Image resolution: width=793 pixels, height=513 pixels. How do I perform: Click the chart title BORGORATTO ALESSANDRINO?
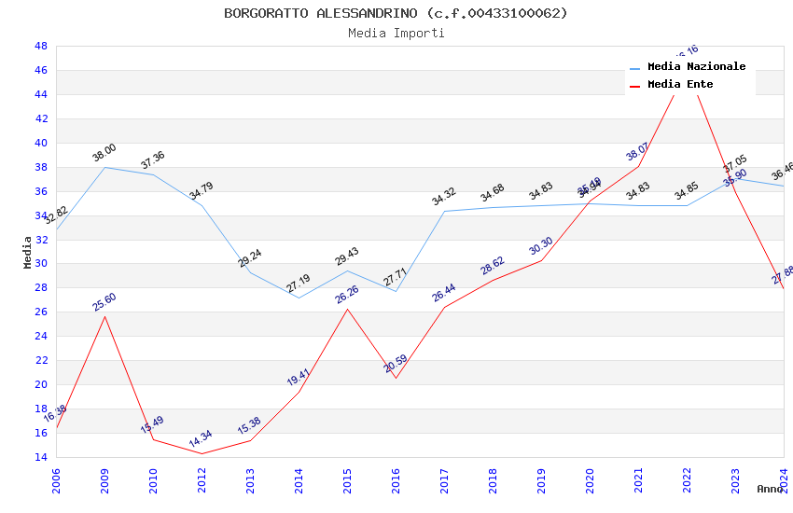(396, 13)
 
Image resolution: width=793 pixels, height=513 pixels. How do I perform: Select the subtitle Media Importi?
(396, 33)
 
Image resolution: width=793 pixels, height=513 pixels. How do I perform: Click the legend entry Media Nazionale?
(696, 66)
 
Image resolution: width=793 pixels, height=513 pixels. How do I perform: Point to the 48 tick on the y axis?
(41, 46)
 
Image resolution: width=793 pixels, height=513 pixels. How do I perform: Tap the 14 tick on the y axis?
(41, 457)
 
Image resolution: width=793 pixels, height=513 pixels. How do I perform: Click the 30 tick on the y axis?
(41, 263)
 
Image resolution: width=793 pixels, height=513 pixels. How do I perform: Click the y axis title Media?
(28, 252)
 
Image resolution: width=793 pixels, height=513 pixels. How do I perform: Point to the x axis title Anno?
(770, 489)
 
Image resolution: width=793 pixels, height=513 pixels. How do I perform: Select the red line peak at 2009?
(104, 316)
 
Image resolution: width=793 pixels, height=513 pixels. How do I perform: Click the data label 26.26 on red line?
(347, 295)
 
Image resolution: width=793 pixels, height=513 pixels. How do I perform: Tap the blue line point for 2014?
(299, 298)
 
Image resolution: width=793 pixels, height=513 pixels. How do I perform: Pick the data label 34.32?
(444, 197)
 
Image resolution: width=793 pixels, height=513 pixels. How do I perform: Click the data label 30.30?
(541, 246)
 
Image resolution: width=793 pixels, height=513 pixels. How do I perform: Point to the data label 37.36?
(153, 160)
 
